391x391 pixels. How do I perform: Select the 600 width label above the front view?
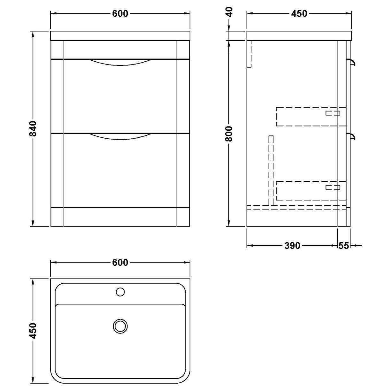click(120, 14)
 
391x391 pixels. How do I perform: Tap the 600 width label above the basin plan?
click(120, 263)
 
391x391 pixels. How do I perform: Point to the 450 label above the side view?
click(299, 14)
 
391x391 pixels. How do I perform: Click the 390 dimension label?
click(292, 246)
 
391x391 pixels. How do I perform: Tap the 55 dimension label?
click(343, 246)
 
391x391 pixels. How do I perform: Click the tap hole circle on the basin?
click(120, 291)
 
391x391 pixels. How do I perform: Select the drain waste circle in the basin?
click(120, 326)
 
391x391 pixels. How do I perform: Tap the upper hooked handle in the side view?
click(352, 61)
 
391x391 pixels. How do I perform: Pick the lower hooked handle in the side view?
click(352, 136)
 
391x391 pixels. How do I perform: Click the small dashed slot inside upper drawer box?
click(333, 113)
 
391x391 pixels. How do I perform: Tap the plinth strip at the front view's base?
click(120, 217)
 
